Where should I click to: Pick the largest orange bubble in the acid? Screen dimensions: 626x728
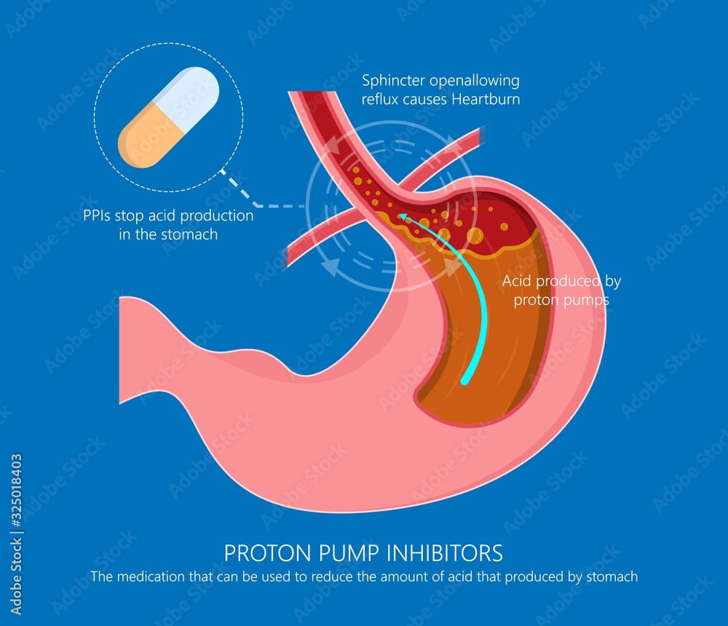[474, 235]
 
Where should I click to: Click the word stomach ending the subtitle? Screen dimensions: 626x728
[612, 577]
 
